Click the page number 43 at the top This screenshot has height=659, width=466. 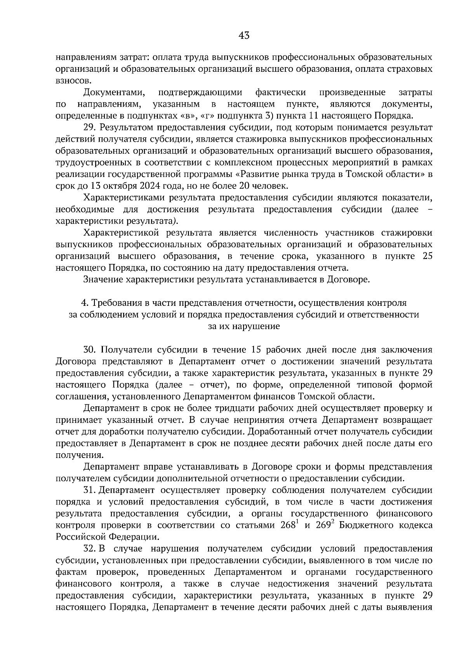tap(244, 36)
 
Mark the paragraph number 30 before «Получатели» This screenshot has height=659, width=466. tap(90, 350)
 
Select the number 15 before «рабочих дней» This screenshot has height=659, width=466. tap(256, 350)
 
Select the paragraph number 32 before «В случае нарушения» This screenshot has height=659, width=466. tap(90, 549)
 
